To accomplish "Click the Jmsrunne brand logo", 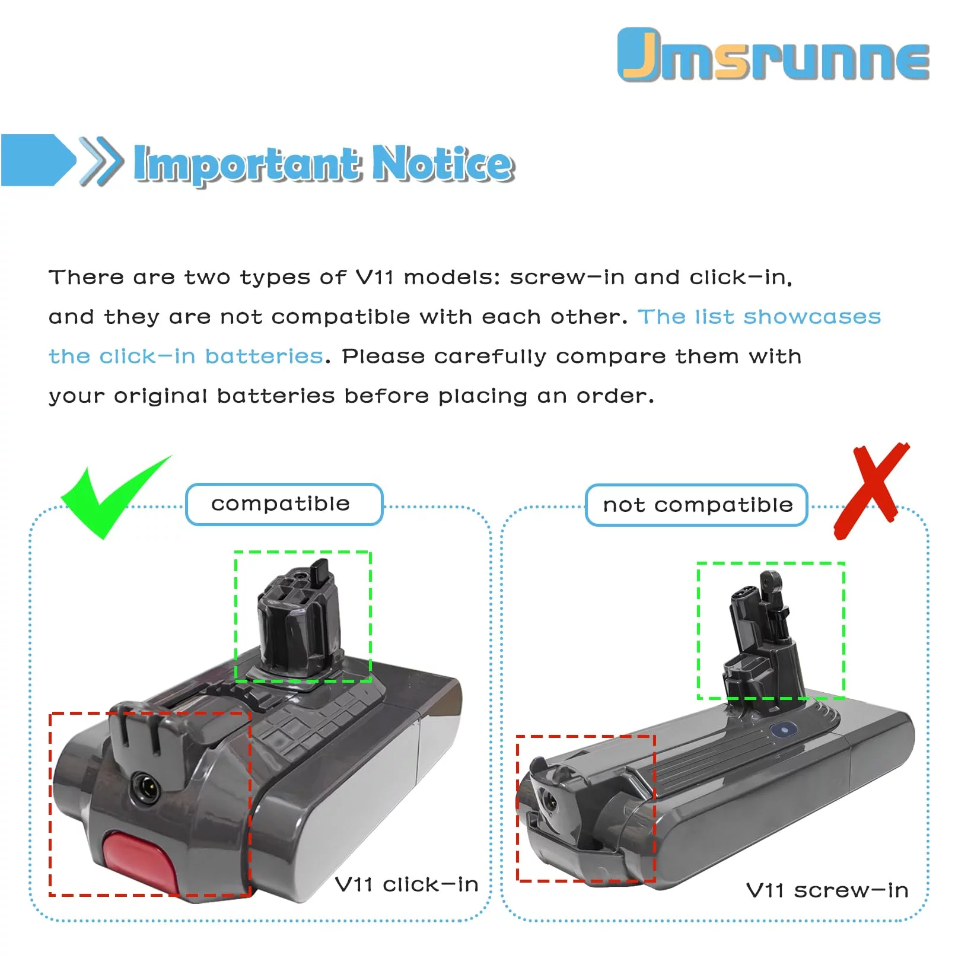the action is tap(773, 55).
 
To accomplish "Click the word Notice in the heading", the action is tap(443, 163).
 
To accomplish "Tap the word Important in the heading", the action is tap(247, 164).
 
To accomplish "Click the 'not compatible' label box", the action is tap(696, 505).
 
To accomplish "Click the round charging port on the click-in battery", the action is tap(145, 788).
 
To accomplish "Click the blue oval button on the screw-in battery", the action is tap(784, 729).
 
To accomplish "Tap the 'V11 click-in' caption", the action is tap(406, 884).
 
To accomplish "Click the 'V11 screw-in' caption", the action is tap(827, 890).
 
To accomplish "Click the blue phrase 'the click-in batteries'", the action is tap(186, 356).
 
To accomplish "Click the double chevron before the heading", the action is tap(101, 161).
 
